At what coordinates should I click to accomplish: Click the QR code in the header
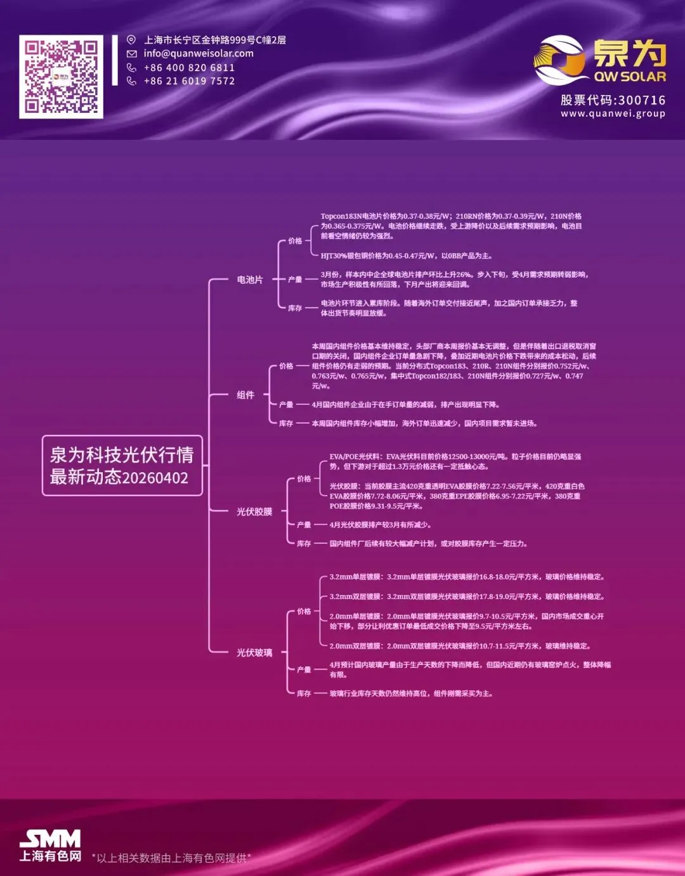click(x=61, y=76)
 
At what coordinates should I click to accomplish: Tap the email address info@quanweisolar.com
click(x=199, y=54)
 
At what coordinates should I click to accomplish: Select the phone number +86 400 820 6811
click(x=189, y=67)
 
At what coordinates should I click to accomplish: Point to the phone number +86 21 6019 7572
click(x=189, y=81)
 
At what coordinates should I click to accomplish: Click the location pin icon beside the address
click(x=131, y=40)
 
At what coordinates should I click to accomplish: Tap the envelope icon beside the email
click(x=131, y=54)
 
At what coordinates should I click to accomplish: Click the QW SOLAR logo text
click(x=630, y=77)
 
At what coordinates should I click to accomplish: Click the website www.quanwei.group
click(x=613, y=113)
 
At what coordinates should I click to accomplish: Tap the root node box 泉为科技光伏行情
click(x=122, y=465)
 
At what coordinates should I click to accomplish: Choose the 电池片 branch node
click(x=249, y=280)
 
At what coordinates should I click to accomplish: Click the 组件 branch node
click(x=245, y=395)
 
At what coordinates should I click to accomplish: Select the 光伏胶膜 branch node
click(x=254, y=512)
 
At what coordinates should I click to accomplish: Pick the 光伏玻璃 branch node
click(x=254, y=652)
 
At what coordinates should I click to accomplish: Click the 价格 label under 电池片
click(x=295, y=241)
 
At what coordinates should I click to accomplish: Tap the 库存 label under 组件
click(x=286, y=423)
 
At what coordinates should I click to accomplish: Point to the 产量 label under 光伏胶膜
click(x=304, y=525)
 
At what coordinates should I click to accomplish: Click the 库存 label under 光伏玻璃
click(x=304, y=693)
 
